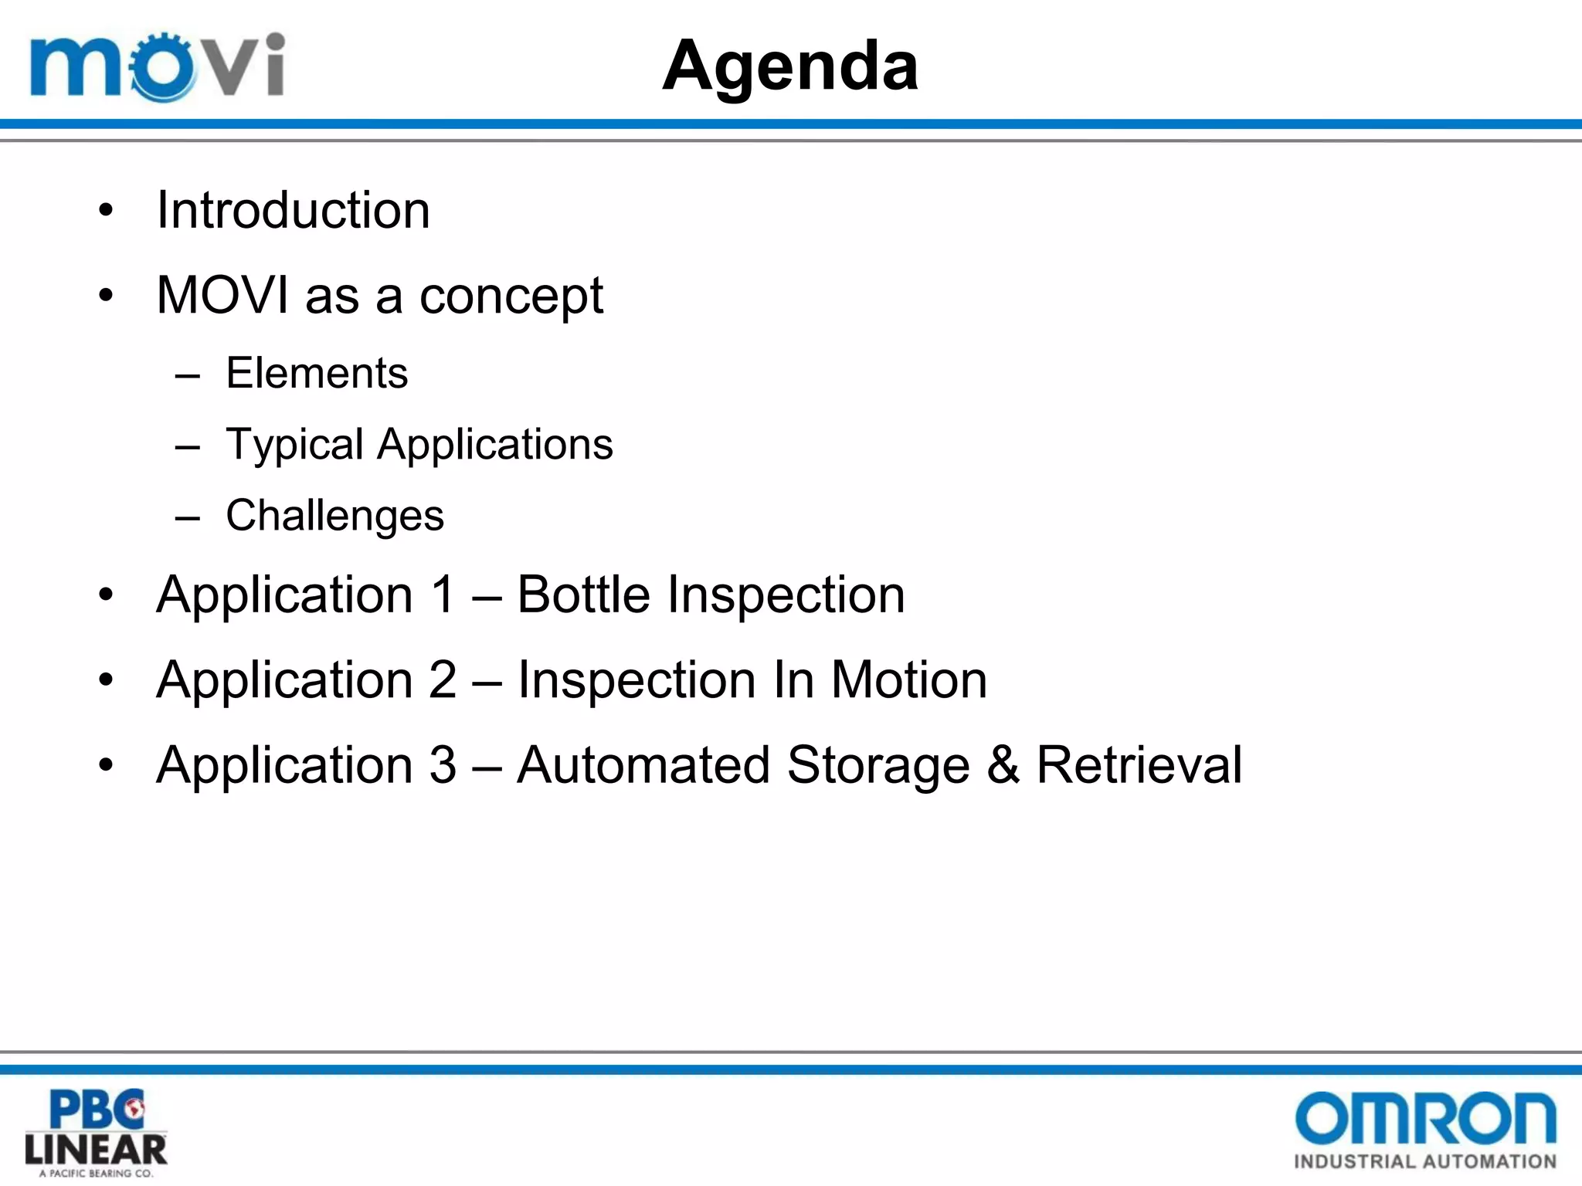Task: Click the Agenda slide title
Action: click(x=790, y=67)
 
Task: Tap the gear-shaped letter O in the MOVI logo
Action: click(x=161, y=68)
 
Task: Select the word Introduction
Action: click(x=293, y=210)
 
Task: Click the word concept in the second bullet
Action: click(x=511, y=296)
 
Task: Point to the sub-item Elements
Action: click(x=317, y=374)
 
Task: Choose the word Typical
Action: click(x=294, y=446)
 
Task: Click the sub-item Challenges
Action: click(x=334, y=516)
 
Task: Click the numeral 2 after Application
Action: click(x=443, y=680)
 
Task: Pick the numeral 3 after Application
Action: click(x=443, y=765)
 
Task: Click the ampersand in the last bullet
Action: click(x=1003, y=765)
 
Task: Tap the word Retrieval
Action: click(x=1139, y=765)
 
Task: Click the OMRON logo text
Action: click(x=1425, y=1117)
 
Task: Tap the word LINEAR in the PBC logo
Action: click(x=96, y=1150)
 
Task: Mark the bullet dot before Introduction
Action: click(x=106, y=211)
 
